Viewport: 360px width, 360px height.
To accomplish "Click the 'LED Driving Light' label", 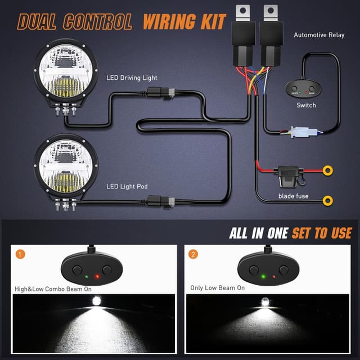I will [132, 78].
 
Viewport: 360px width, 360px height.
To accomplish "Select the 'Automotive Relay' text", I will [319, 35].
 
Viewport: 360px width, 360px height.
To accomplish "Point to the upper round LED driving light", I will [67, 74].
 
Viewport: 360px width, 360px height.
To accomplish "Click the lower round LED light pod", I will [67, 167].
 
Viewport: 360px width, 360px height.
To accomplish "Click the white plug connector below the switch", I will [296, 133].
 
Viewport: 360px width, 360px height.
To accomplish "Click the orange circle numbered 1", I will [21, 254].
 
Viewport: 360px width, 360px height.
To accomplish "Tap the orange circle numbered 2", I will [194, 254].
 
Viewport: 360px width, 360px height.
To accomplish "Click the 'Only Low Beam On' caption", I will [217, 287].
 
